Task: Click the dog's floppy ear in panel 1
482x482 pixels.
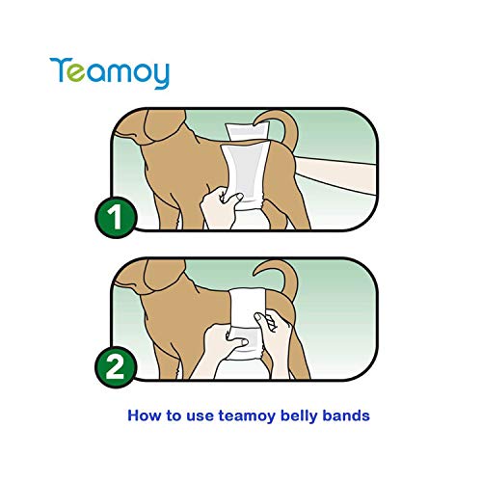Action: click(146, 145)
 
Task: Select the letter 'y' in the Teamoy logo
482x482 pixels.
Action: click(158, 76)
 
